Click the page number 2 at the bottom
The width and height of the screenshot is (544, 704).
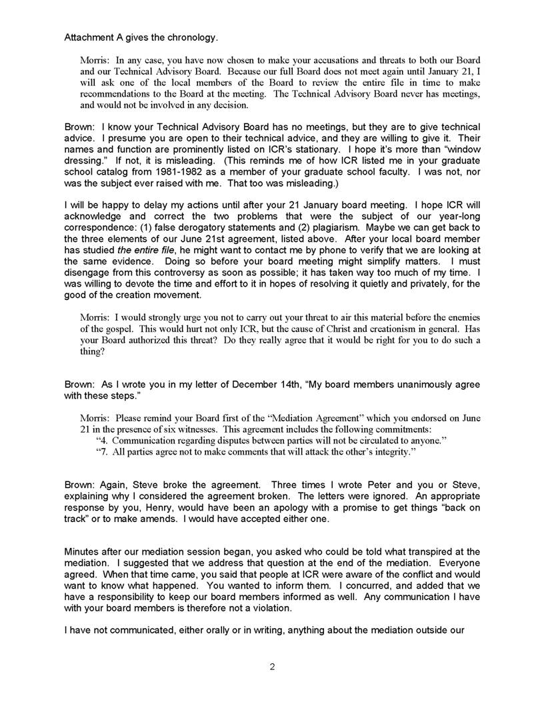click(x=272, y=667)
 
